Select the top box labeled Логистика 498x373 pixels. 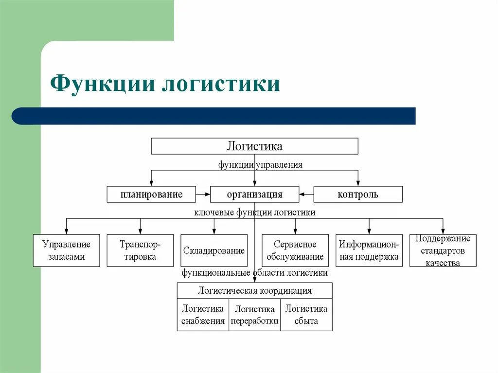tap(254, 146)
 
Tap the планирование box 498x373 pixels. tap(151, 195)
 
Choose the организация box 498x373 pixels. tap(254, 195)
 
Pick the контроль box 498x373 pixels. tap(358, 195)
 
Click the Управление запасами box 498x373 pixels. tap(66, 250)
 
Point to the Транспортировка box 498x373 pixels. tap(140, 250)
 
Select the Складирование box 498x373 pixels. tap(214, 250)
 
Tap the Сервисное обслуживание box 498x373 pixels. tap(295, 250)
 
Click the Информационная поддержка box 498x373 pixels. tap(369, 250)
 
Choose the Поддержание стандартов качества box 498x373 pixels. tap(443, 250)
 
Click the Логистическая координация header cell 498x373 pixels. tap(254, 291)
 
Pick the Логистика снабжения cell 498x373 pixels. tap(203, 315)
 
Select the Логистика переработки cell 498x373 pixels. tap(254, 315)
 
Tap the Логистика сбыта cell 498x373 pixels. tap(306, 315)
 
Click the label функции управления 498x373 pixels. tap(260, 165)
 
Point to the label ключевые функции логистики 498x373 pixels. tap(255, 213)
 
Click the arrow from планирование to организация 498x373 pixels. tap(203, 195)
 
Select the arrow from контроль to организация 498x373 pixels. tap(306, 195)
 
